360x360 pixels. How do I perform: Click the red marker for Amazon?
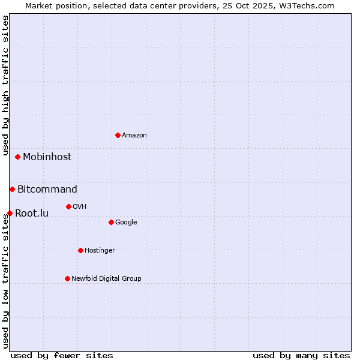pos(118,135)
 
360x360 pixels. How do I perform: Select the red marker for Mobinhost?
pos(18,157)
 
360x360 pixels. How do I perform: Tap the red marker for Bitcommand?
pos(12,189)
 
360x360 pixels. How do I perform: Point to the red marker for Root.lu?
pos(10,213)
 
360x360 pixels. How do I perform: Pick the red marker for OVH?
pos(68,206)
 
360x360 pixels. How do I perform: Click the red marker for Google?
pos(111,222)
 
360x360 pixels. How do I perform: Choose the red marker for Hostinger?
pos(80,250)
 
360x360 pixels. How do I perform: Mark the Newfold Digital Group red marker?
pos(67,278)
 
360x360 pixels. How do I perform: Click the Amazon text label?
pos(134,135)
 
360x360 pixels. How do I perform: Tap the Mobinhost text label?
pos(47,157)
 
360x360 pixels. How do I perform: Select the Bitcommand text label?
pos(47,189)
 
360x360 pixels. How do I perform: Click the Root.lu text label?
pos(32,213)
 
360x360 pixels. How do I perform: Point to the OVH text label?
pos(80,206)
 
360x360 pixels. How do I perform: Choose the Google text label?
pos(126,222)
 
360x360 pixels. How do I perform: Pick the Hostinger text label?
pos(100,250)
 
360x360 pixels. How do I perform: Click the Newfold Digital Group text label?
pos(106,278)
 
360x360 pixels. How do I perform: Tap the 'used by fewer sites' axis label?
pos(62,355)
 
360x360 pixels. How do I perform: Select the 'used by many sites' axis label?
pos(301,355)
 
